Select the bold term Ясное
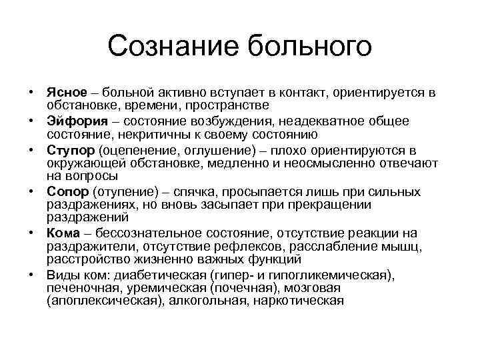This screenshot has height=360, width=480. (x=65, y=91)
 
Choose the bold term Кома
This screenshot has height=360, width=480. (x=63, y=233)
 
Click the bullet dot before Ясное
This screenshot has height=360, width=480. (x=31, y=91)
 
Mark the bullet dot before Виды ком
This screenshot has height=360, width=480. (x=31, y=275)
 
